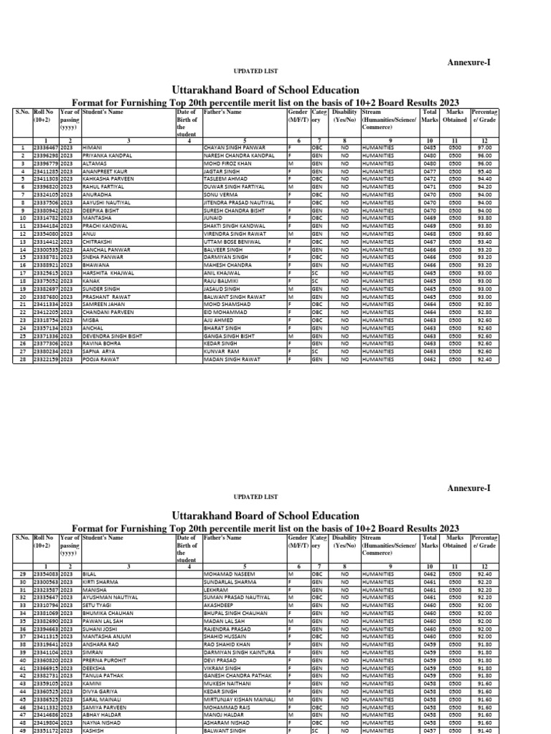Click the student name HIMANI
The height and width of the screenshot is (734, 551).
pyautogui.click(x=93, y=147)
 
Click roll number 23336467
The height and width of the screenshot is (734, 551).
pyautogui.click(x=46, y=147)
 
